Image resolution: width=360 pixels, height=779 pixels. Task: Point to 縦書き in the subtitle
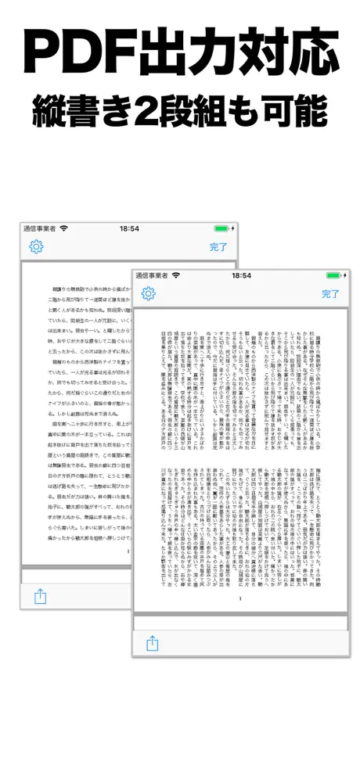point(93,112)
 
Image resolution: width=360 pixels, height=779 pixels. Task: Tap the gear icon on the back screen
point(36,247)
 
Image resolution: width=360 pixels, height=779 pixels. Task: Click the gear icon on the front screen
point(149,294)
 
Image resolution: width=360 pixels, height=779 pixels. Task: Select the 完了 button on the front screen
point(331,294)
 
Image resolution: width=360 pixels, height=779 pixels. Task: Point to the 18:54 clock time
point(129,228)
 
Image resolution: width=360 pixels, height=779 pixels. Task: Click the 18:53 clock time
point(241,275)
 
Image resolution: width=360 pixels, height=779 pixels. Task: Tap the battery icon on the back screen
point(223,228)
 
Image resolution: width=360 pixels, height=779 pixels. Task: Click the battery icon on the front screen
point(336,275)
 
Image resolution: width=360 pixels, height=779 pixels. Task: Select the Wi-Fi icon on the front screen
point(176,275)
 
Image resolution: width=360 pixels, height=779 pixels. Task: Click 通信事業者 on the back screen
point(40,228)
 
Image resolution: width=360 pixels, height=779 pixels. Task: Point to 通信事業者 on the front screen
point(152,275)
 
